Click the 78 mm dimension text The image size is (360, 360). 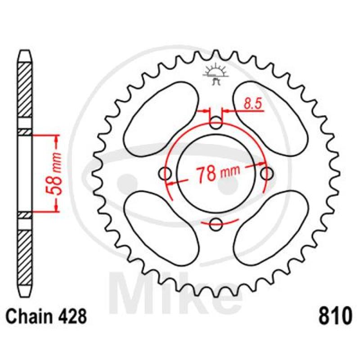pos(218,172)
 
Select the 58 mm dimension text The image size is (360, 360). pos(54,173)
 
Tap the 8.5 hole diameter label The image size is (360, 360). pos(252,104)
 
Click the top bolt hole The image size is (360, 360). pos(216,123)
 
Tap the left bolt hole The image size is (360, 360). pos(165,174)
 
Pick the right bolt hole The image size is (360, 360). pos(267,174)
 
